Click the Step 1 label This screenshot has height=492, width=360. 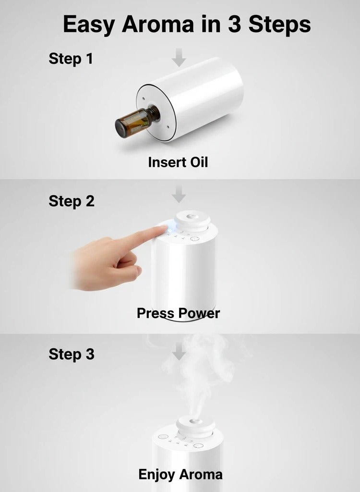pyautogui.click(x=71, y=59)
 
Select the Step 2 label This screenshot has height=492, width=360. pyautogui.click(x=71, y=201)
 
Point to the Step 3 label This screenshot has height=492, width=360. pyautogui.click(x=71, y=355)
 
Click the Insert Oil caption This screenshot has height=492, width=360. pyautogui.click(x=178, y=162)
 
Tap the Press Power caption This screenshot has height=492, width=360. pyautogui.click(x=178, y=313)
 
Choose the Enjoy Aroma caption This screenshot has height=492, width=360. pyautogui.click(x=180, y=475)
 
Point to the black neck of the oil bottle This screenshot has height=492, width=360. pyautogui.click(x=153, y=113)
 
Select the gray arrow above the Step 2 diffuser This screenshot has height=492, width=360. pyautogui.click(x=179, y=196)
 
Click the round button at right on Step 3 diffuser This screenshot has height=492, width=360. pyautogui.click(x=196, y=446)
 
